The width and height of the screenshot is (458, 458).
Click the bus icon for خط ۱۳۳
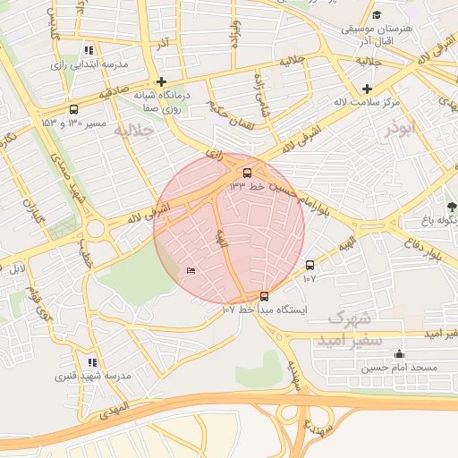pyautogui.click(x=247, y=173)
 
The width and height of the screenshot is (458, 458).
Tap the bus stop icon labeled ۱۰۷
pyautogui.click(x=310, y=266)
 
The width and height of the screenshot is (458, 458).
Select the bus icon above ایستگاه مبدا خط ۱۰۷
pyautogui.click(x=264, y=296)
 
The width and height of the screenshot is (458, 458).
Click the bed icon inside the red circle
pyautogui.click(x=190, y=270)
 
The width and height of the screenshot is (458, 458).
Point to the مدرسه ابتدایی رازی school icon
pyautogui.click(x=88, y=51)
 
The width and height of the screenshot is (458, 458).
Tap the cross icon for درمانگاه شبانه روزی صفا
pyautogui.click(x=160, y=81)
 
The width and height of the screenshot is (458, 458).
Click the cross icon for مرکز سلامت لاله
pyautogui.click(x=368, y=89)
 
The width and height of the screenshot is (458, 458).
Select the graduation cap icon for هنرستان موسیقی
pyautogui.click(x=377, y=15)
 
